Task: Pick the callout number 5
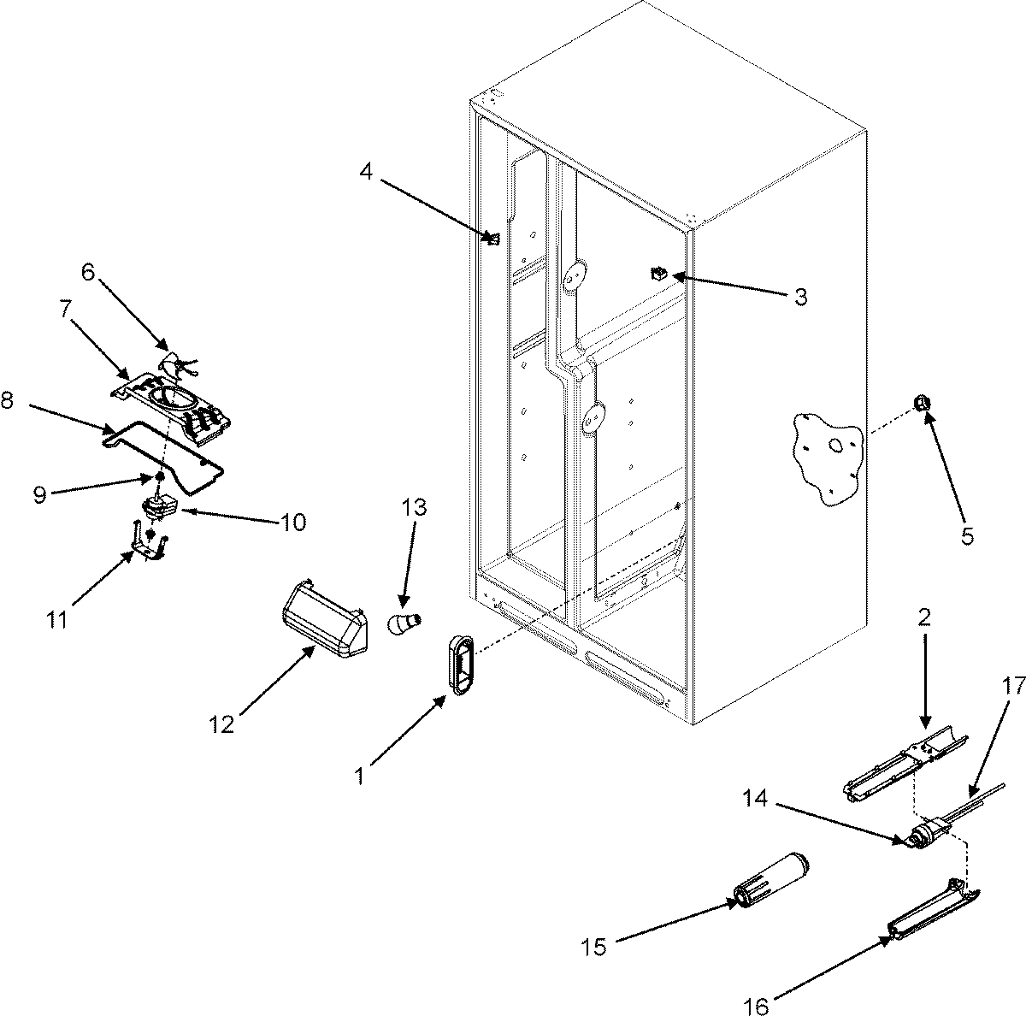point(966,536)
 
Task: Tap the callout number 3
point(799,297)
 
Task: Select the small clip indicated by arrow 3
point(658,275)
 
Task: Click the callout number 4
point(366,171)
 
